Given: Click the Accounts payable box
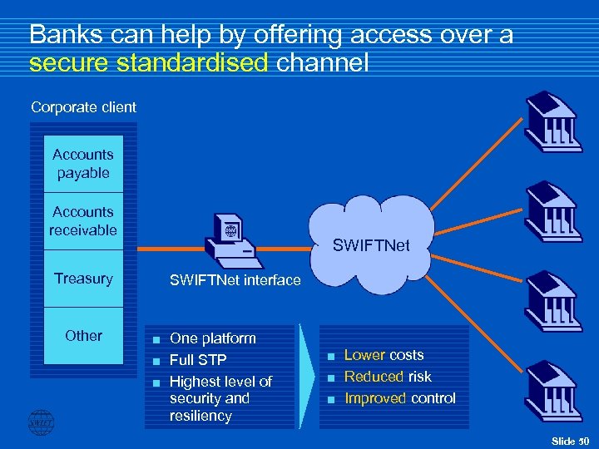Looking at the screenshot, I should coord(83,164).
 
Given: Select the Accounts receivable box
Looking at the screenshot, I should coord(83,221).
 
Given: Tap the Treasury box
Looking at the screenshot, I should coord(83,279).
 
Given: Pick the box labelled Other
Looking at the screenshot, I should coord(83,336).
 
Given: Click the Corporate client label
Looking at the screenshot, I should coord(83,107).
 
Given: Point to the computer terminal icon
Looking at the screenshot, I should coord(232,242).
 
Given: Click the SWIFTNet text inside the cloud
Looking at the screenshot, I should coord(372,245).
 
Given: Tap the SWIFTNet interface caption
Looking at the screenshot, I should coord(235,281).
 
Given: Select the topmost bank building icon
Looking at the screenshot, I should coord(550,119).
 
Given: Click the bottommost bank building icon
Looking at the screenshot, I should coord(550,388).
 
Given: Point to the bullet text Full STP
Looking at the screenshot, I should coord(198,360).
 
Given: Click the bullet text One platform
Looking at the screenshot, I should coord(212,338).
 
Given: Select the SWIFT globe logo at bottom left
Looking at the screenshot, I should coord(41,422).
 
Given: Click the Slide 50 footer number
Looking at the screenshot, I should coord(570,440).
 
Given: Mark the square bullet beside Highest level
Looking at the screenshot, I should coord(155,382).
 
